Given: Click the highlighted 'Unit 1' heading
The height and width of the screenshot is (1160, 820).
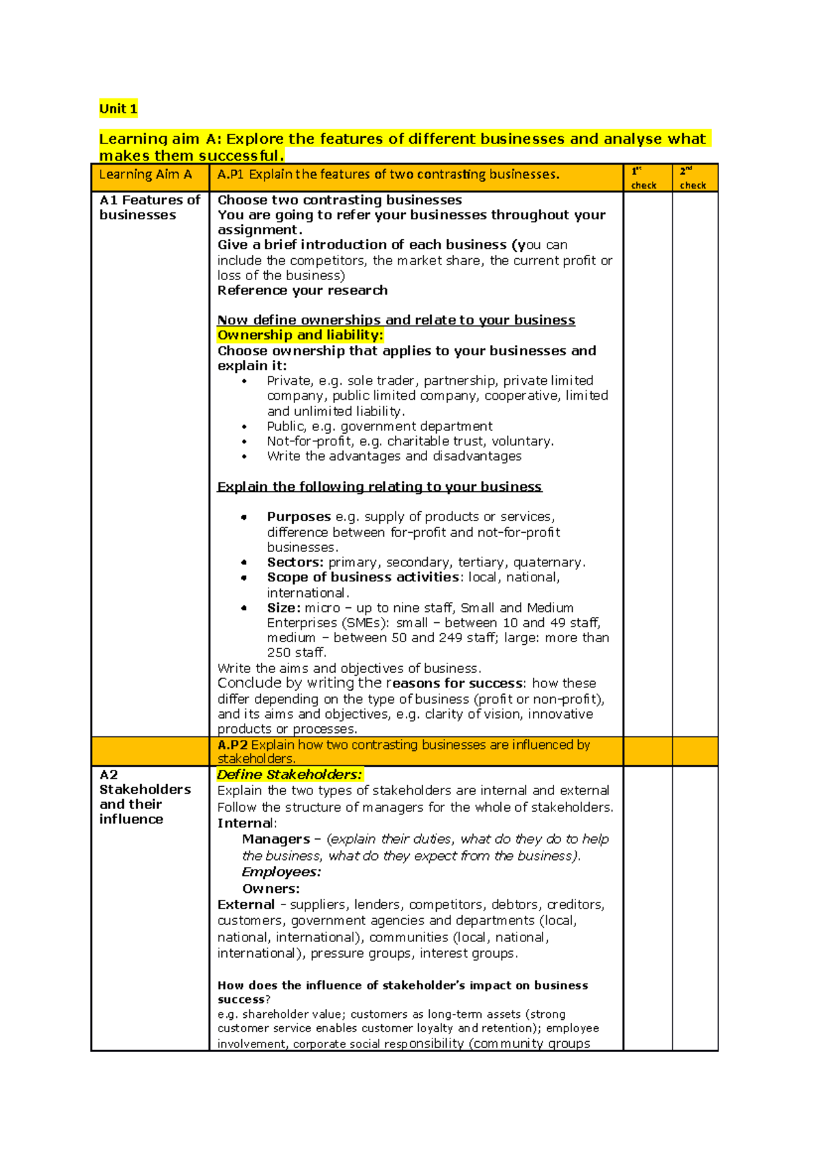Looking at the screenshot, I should pyautogui.click(x=118, y=109).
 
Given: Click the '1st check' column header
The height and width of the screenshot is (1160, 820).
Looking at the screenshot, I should pyautogui.click(x=643, y=178).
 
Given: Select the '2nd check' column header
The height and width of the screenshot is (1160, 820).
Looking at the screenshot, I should pyautogui.click(x=692, y=178).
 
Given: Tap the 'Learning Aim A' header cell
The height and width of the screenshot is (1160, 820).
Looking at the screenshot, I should pyautogui.click(x=145, y=175).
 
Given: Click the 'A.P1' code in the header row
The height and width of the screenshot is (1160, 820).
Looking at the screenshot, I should pyautogui.click(x=230, y=175).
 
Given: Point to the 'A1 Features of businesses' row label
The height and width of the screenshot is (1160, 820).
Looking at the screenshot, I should pyautogui.click(x=149, y=208).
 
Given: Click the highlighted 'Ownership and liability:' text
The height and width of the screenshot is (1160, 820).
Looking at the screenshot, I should pyautogui.click(x=300, y=335).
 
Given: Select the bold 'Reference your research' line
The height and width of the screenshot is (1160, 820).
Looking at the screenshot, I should pyautogui.click(x=302, y=290).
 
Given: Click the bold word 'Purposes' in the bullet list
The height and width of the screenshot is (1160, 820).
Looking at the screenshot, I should pyautogui.click(x=299, y=517).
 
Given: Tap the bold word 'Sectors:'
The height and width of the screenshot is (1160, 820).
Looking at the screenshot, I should pyautogui.click(x=295, y=562).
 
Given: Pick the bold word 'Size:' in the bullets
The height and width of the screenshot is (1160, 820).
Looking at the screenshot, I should pyautogui.click(x=284, y=608).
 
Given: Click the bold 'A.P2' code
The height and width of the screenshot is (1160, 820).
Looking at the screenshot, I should pyautogui.click(x=232, y=745).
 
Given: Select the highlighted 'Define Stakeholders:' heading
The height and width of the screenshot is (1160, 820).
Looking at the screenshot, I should pyautogui.click(x=289, y=775).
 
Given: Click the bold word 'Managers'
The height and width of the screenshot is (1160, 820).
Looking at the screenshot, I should pyautogui.click(x=276, y=839).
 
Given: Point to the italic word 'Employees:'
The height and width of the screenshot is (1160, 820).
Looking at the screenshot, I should pyautogui.click(x=281, y=872).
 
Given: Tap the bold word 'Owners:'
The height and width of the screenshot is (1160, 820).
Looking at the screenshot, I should pyautogui.click(x=271, y=889).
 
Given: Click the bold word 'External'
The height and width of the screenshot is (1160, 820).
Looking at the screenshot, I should pyautogui.click(x=245, y=904).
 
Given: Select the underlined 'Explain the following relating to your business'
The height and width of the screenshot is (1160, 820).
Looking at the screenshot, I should pyautogui.click(x=379, y=487).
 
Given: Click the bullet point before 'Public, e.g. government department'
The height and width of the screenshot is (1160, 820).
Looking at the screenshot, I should pyautogui.click(x=245, y=427).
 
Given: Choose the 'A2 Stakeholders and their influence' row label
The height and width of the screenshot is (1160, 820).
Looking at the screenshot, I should pyautogui.click(x=144, y=797).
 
